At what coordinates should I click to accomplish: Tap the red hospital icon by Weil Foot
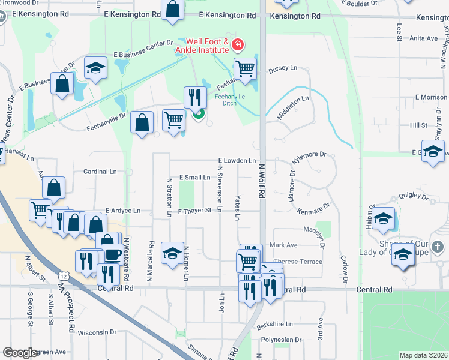(238, 44)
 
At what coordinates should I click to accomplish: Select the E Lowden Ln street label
(237, 161)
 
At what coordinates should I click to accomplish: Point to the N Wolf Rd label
(262, 180)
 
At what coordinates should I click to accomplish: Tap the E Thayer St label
(194, 211)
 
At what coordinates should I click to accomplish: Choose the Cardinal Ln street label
(100, 171)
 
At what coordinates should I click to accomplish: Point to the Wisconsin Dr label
(96, 332)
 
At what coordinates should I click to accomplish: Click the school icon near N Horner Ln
(172, 251)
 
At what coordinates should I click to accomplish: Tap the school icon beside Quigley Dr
(383, 219)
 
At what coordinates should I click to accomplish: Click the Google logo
(20, 353)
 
